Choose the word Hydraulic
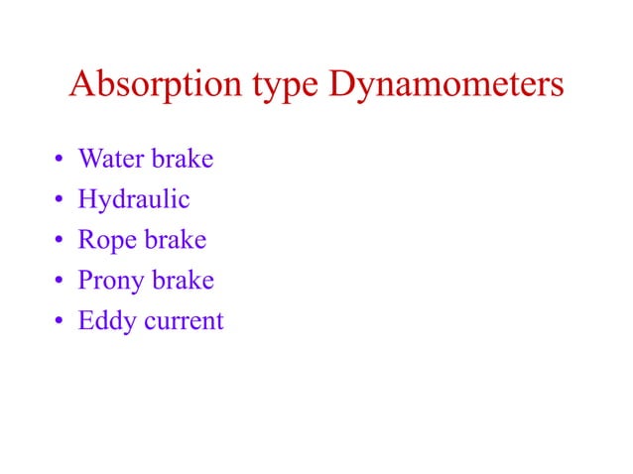(134, 200)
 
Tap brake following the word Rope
(174, 240)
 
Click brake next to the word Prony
(183, 281)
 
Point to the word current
(183, 322)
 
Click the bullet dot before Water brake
(60, 160)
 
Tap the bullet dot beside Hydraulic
(60, 200)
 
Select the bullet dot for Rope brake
(60, 241)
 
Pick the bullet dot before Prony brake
(60, 282)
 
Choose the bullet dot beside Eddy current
(60, 322)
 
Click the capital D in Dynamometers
(343, 84)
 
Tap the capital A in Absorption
(81, 84)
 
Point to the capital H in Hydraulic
(88, 199)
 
